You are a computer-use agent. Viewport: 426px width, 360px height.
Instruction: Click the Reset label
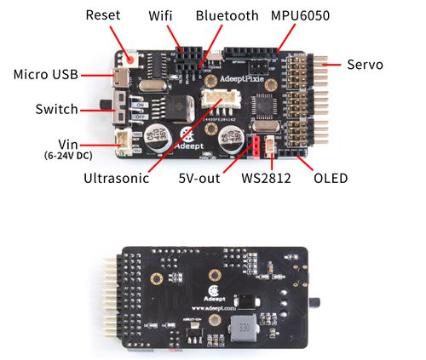(x=104, y=15)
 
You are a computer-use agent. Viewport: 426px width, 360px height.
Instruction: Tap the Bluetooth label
(x=227, y=15)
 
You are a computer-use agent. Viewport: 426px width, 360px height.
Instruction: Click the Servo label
(x=366, y=64)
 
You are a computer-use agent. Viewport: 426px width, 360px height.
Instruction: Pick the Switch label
(x=56, y=110)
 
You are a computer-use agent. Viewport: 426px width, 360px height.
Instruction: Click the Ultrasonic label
(x=116, y=179)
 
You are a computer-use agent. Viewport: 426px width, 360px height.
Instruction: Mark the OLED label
(x=329, y=179)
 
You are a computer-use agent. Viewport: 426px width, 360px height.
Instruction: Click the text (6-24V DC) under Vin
(x=61, y=156)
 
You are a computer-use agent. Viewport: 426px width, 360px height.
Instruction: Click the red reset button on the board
(x=131, y=59)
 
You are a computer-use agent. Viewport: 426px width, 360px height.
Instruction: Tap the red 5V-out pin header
(x=254, y=147)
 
